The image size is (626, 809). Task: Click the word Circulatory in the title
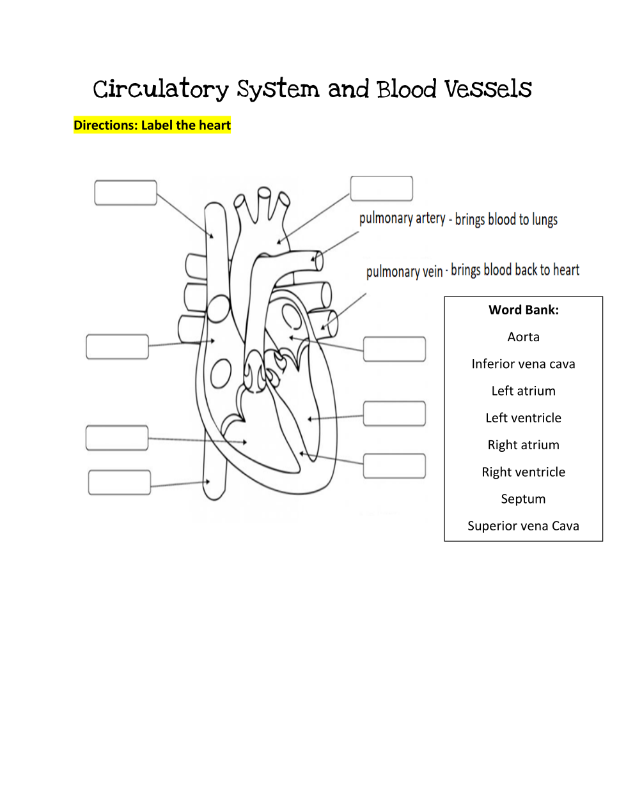coord(160,89)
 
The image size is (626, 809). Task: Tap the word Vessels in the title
coord(488,89)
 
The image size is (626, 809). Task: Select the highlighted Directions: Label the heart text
coord(152,125)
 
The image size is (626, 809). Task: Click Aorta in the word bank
coord(523,337)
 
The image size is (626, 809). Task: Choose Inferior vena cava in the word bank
coord(523,364)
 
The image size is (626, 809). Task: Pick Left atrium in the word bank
coord(523,391)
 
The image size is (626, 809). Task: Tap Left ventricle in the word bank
coord(523,418)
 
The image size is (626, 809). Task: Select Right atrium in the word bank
coord(523,445)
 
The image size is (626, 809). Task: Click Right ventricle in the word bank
coord(523,472)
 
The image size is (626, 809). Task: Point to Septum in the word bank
coord(523,499)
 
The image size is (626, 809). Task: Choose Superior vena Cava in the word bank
coord(523,526)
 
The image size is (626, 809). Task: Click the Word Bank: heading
coord(523,310)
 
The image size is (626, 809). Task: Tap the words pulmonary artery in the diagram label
coord(402,219)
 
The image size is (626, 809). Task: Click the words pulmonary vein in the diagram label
coord(404,272)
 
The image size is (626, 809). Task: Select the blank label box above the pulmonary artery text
coord(381,189)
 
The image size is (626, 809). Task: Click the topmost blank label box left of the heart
coord(125,193)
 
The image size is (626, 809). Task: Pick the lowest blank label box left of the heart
coord(120,482)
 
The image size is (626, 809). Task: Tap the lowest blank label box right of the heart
coord(395,466)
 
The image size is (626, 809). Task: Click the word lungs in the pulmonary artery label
coord(545,220)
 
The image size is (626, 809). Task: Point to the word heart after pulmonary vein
coord(566,270)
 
